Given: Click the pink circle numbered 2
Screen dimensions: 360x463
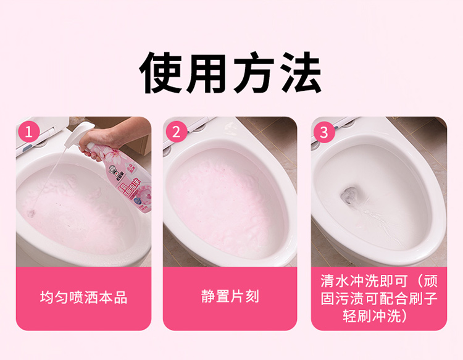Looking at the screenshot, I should point(177,132).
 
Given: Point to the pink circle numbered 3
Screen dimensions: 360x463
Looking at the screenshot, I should point(325,132).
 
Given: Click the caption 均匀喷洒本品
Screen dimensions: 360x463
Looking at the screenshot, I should point(83,298).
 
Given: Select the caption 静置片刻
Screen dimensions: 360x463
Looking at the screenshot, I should point(230,297).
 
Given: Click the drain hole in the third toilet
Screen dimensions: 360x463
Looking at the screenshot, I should point(351,195).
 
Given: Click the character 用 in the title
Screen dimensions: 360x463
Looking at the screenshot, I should point(209,73).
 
